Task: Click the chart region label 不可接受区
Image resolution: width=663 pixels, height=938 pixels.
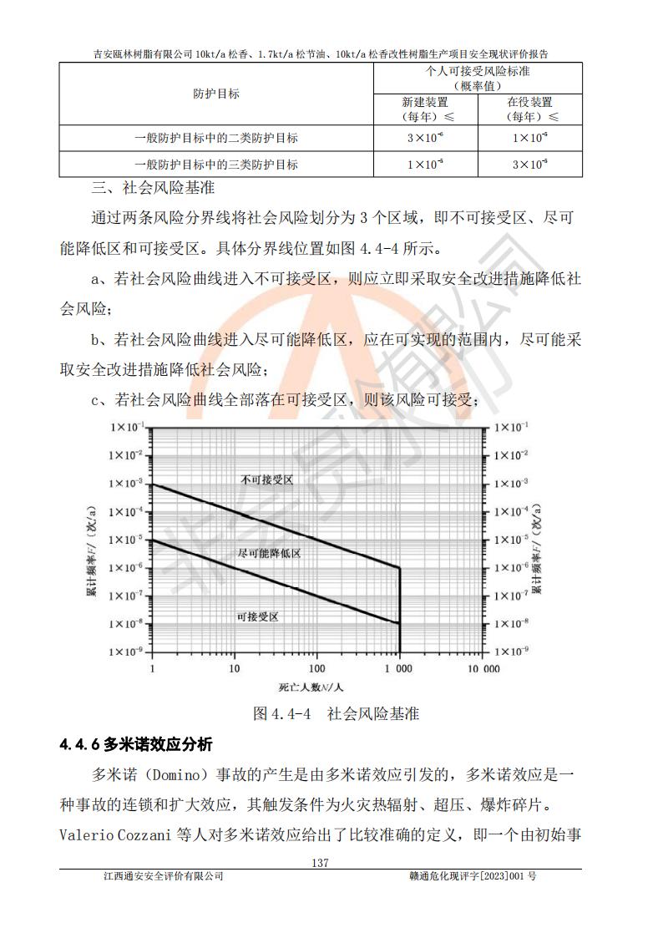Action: (267, 480)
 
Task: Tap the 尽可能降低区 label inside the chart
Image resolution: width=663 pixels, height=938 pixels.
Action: (269, 554)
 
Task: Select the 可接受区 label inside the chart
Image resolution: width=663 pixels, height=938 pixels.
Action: (257, 616)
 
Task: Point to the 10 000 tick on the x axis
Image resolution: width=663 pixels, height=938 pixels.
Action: (483, 669)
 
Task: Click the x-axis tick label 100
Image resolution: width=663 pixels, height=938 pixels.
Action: (316, 669)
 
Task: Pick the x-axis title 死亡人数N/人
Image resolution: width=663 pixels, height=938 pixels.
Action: (311, 687)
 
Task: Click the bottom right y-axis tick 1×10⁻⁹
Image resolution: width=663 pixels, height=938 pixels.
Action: (511, 650)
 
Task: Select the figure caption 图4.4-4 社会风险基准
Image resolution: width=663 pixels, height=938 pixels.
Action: (336, 714)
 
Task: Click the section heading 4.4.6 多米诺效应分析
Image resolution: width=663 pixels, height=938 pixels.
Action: (136, 743)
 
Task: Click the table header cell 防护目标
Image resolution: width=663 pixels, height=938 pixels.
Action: (215, 94)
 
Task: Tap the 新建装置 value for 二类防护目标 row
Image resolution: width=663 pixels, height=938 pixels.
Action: (425, 138)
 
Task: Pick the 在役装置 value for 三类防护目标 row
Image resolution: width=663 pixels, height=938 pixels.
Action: (529, 165)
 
